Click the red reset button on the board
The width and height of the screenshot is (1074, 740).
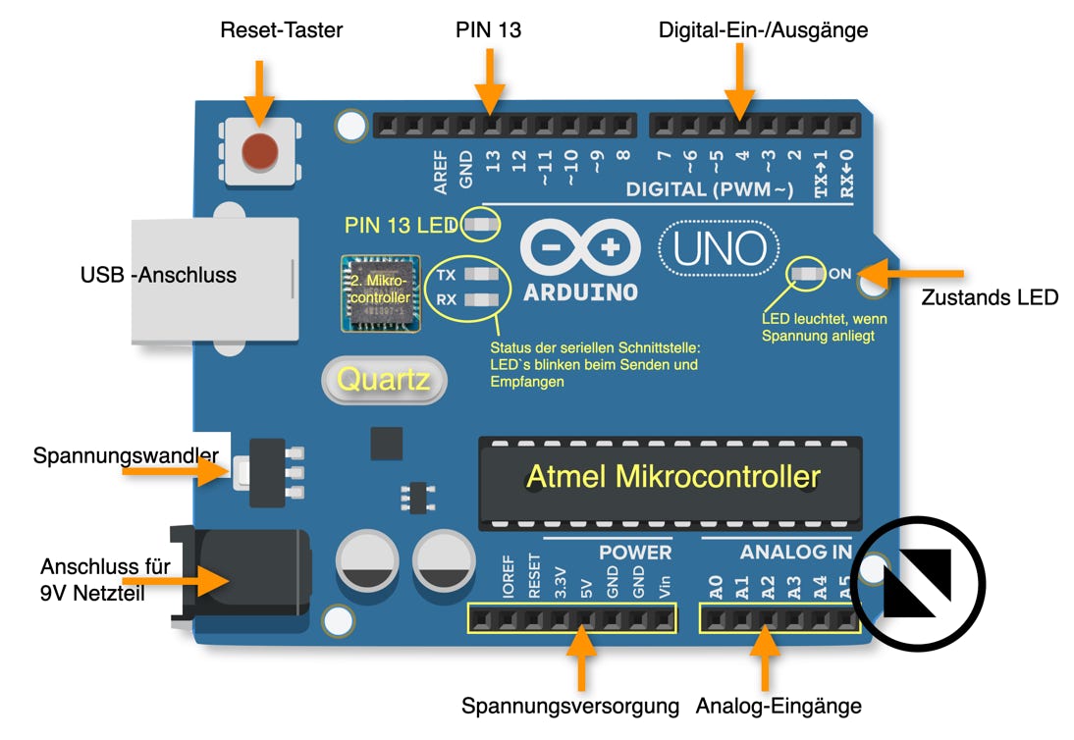[259, 151]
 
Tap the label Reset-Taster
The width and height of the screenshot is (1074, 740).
[282, 30]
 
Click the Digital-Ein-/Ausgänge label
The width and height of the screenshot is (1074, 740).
[763, 30]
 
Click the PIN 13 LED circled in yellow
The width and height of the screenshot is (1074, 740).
[480, 225]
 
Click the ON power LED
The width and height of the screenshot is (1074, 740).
[809, 274]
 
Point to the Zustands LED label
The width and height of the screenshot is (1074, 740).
[990, 297]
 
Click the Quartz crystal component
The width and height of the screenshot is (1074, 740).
[384, 379]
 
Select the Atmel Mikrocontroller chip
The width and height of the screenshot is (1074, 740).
[671, 479]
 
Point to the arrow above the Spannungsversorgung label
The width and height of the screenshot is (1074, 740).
[582, 660]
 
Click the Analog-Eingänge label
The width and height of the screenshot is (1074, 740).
[779, 706]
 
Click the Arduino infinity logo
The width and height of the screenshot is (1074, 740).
[580, 247]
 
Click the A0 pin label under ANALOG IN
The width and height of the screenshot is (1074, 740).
[716, 587]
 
